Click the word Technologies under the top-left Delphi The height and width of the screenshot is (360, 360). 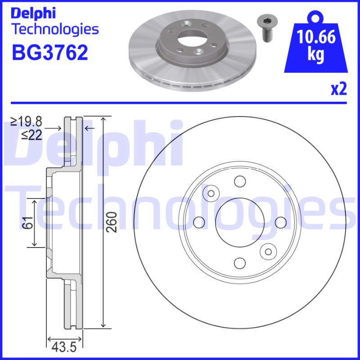[x=54, y=29]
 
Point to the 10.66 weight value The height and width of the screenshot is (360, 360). [x=316, y=37]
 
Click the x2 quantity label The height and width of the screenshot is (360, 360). [x=339, y=90]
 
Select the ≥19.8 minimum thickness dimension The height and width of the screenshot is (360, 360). [x=27, y=121]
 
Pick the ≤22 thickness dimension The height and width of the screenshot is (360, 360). [x=31, y=134]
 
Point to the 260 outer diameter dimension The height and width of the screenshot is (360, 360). [x=113, y=222]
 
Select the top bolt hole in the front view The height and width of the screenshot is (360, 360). [x=239, y=181]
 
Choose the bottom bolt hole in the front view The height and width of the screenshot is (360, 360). [x=239, y=263]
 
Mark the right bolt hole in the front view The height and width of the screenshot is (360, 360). [x=280, y=222]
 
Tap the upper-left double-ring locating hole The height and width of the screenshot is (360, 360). [x=210, y=193]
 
